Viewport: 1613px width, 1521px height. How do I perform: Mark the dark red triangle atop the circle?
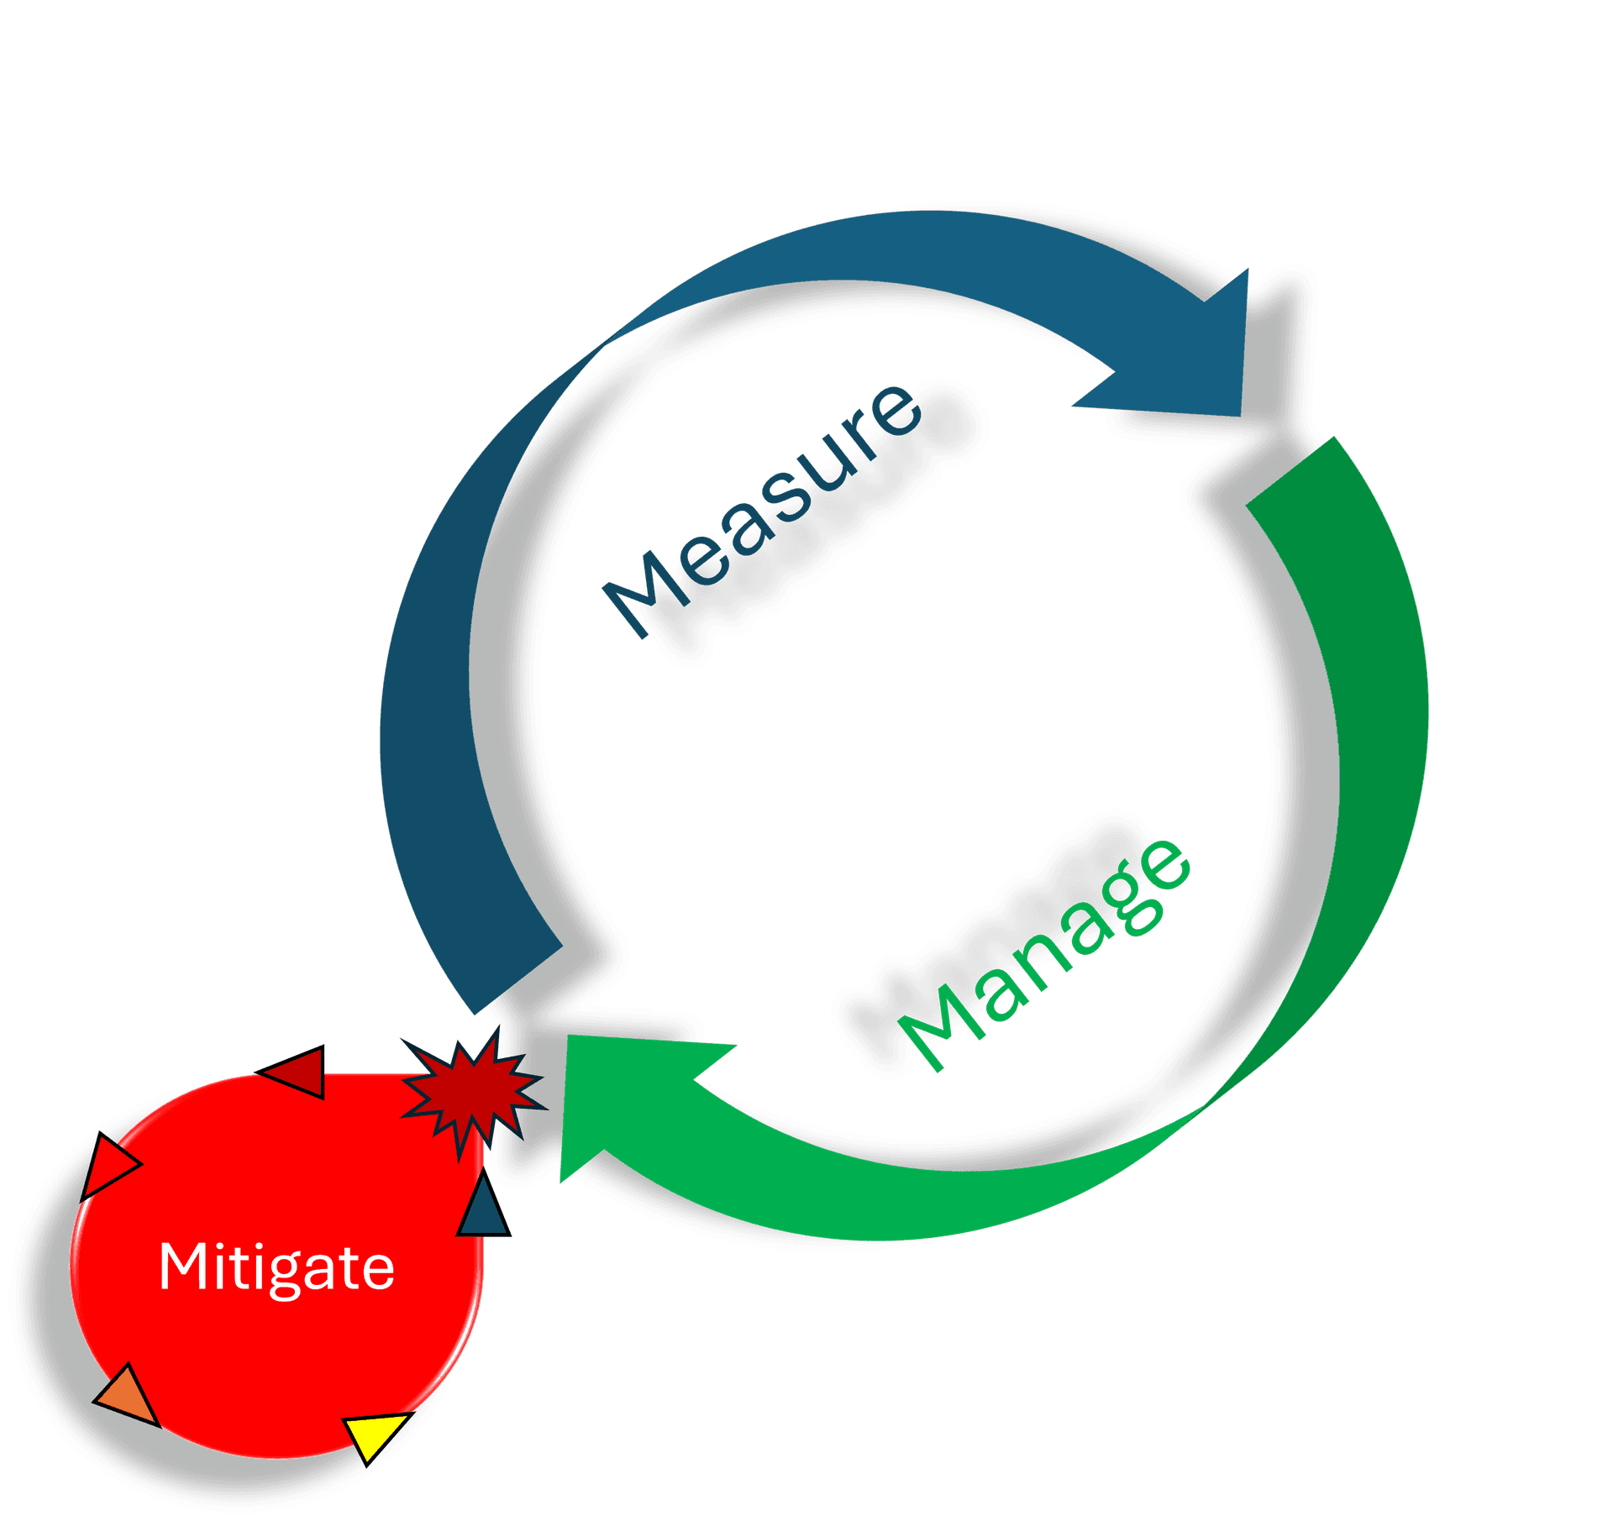pyautogui.click(x=299, y=1072)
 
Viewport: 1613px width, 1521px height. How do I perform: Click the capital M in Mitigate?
pyautogui.click(x=182, y=1266)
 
